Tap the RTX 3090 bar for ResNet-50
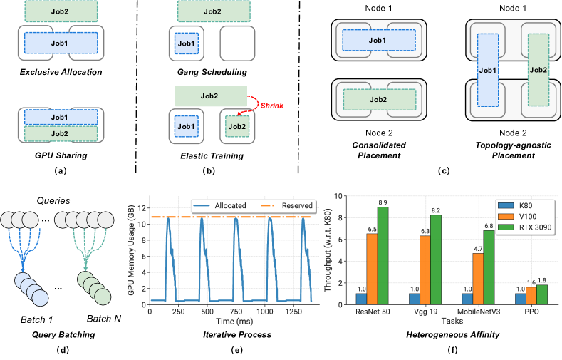pyautogui.click(x=383, y=257)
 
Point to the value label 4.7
pyautogui.click(x=477, y=248)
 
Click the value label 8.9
pyautogui.click(x=383, y=202)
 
